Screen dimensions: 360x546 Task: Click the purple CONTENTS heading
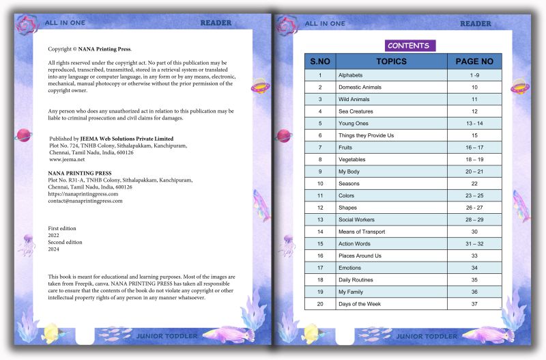[x=408, y=46]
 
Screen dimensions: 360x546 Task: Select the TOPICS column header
[x=391, y=61]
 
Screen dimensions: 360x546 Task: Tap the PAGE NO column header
[x=474, y=61]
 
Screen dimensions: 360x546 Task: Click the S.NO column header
[x=320, y=61]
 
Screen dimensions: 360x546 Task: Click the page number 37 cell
[x=474, y=303]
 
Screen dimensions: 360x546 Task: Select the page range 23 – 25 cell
[x=474, y=195]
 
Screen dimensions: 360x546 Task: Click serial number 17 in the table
[x=320, y=268]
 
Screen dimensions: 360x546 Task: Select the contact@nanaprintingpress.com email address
[x=85, y=201]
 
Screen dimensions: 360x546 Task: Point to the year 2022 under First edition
[x=54, y=235]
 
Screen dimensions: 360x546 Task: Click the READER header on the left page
[x=216, y=23]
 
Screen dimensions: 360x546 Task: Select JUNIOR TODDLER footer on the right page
[x=427, y=336]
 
